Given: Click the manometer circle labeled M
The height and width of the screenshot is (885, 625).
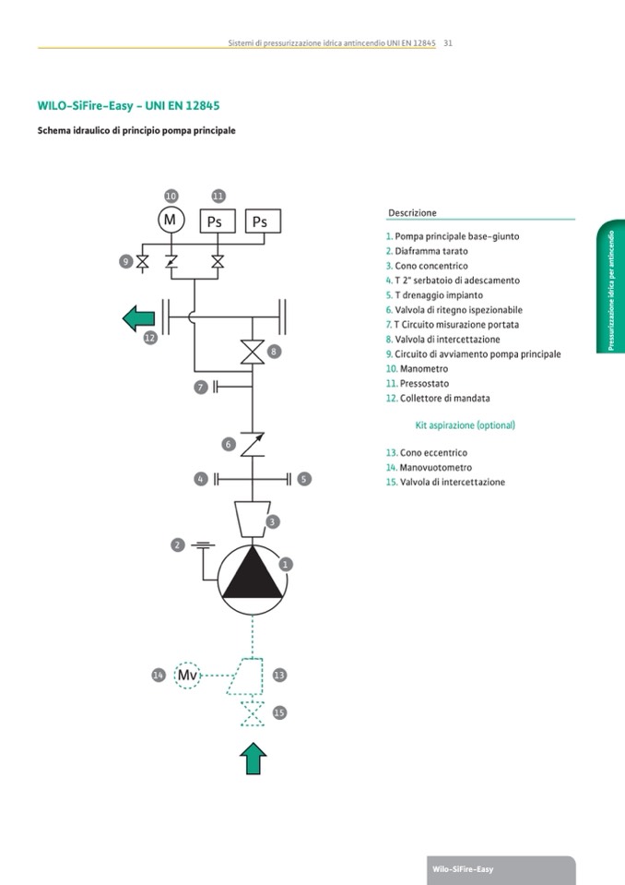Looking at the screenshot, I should pos(171,220).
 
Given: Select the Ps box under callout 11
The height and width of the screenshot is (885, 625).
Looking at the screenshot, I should pos(218,221).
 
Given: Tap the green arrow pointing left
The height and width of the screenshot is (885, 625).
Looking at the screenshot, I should pos(139,318).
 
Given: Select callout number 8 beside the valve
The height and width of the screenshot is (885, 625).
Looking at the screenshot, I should pos(273,352).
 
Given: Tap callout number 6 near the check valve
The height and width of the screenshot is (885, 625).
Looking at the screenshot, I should pos(228,444).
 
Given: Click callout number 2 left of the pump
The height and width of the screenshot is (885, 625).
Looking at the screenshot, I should pos(177,545).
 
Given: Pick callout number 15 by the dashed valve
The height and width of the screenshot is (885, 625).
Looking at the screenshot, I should pos(279,712).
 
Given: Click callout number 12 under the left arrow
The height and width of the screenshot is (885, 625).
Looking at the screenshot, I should pos(150,339).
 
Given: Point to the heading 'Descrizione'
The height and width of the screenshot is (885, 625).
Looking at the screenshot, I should pos(412,213).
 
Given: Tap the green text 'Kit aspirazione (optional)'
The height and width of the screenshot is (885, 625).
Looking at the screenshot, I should pos(466,425).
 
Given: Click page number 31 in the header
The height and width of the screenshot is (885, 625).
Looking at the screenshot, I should pos(447,43).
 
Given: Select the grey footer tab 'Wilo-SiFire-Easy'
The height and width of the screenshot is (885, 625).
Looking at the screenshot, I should pos(463,869).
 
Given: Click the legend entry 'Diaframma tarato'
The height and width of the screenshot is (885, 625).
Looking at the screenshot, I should pos(430,251).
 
